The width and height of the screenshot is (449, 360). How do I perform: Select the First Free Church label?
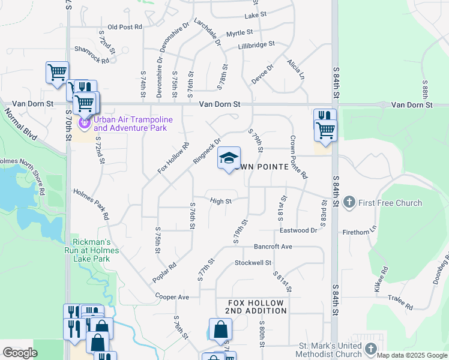(390, 203)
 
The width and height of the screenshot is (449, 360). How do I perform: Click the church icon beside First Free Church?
(350, 203)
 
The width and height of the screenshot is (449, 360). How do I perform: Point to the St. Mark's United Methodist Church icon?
(371, 348)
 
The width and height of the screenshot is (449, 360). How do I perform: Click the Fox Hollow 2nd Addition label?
(256, 307)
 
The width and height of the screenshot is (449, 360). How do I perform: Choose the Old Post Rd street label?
(125, 27)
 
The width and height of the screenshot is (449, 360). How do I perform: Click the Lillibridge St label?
(256, 44)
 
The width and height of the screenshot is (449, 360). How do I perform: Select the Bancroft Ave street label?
(273, 247)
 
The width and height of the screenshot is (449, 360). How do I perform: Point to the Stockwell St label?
(253, 263)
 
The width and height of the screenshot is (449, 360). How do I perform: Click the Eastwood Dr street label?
(298, 230)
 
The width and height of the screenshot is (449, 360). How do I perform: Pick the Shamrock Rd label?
(92, 55)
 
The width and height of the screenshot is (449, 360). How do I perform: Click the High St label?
(221, 202)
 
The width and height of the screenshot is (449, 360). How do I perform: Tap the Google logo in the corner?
(20, 353)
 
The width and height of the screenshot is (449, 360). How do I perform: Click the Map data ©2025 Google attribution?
(412, 355)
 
